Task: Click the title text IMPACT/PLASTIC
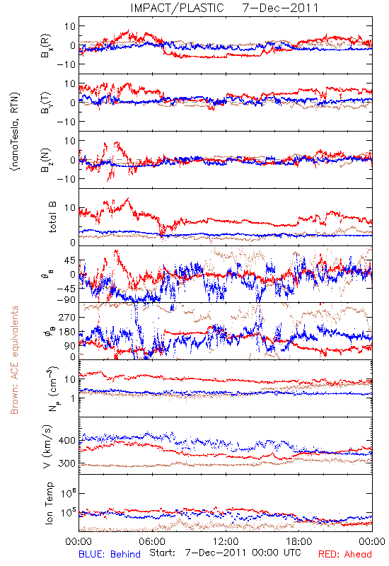coord(177,8)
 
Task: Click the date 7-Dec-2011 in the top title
coord(280,8)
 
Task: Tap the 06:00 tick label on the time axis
coord(152,541)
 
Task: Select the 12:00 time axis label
coord(226,541)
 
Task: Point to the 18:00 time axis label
coord(299,541)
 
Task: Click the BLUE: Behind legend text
coord(110,554)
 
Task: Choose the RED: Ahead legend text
coord(344,554)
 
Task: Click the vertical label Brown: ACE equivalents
coord(14,360)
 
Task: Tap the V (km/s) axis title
coord(47,446)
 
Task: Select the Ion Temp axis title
coord(49,503)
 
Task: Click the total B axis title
coord(52,217)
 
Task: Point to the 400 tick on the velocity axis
coord(66,441)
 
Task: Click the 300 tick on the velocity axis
coord(66,463)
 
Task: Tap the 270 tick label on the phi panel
coord(66,317)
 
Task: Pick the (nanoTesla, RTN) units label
coord(15,132)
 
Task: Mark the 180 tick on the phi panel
coord(66,332)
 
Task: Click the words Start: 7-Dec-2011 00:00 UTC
coord(225,553)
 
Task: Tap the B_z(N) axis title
coord(46,160)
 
